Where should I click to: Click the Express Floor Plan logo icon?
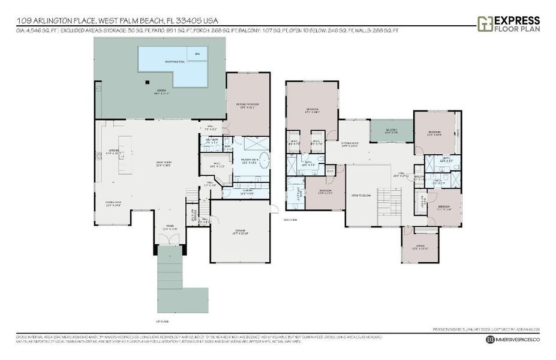485,23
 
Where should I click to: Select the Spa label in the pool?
197,54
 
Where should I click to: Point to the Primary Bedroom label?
248,106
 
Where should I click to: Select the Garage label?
239,233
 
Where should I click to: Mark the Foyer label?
171,228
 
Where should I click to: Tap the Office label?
419,246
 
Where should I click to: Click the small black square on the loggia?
146,83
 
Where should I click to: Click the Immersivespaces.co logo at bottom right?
513,340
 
